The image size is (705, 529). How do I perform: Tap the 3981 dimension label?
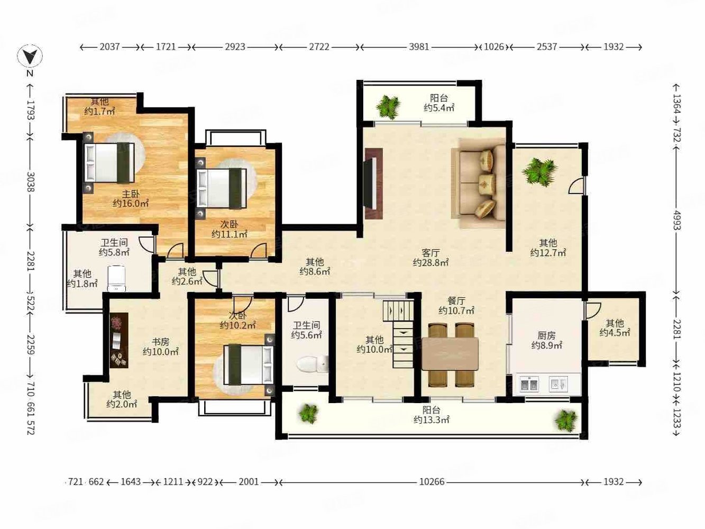click(419, 47)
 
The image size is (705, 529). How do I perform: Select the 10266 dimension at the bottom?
click(432, 482)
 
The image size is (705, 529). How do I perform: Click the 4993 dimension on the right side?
click(677, 221)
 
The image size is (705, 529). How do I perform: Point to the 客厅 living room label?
click(431, 252)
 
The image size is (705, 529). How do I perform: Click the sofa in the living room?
click(479, 183)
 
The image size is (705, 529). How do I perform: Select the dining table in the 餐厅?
click(450, 353)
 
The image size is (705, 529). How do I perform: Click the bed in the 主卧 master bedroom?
click(109, 163)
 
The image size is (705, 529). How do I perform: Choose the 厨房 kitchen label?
click(546, 335)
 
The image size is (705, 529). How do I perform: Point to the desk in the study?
click(119, 340)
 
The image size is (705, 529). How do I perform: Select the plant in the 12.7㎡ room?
click(539, 171)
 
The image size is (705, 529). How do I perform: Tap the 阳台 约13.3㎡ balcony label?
click(431, 415)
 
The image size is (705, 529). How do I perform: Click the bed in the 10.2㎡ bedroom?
click(249, 364)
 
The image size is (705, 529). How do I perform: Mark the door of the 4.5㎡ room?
click(593, 311)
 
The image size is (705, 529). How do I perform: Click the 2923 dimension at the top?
click(235, 47)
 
